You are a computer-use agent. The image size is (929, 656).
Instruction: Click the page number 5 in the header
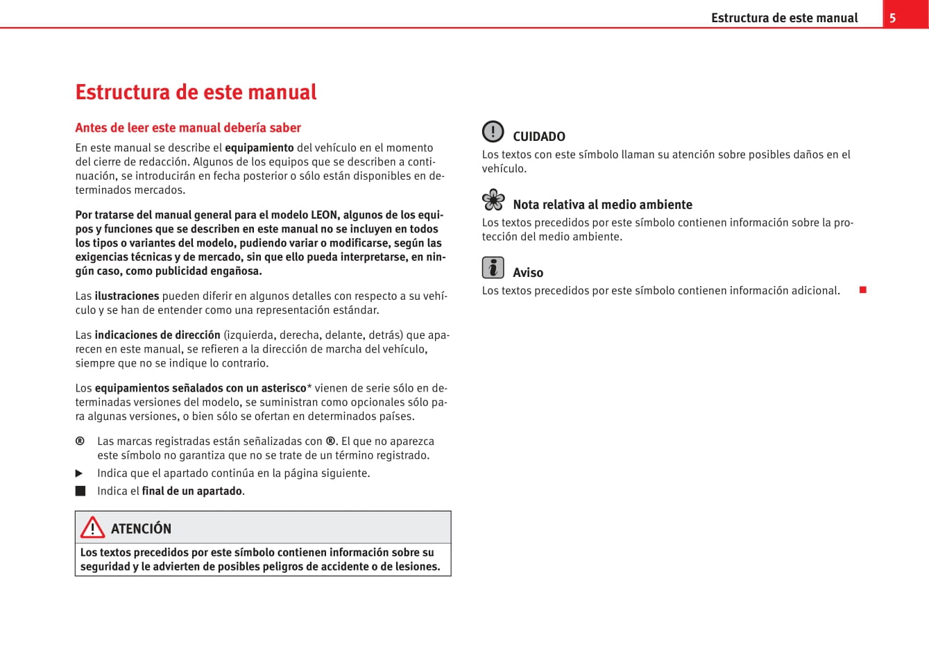coord(892,18)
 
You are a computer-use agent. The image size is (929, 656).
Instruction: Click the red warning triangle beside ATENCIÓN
coord(92,528)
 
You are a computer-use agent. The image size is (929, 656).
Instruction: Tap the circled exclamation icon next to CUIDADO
coord(493,131)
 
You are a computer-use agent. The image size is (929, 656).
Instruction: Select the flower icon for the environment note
coord(493,200)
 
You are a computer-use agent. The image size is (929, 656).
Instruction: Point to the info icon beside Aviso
coord(493,267)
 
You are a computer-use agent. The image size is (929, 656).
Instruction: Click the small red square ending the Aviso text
coord(862,289)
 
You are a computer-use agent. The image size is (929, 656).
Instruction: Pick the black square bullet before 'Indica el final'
coord(80,491)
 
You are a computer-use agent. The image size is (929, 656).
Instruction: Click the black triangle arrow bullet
coord(79,473)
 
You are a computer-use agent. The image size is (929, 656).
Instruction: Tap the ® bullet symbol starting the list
coord(80,441)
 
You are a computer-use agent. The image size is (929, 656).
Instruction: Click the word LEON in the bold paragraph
coord(325,215)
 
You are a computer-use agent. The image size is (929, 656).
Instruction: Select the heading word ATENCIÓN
coord(141,528)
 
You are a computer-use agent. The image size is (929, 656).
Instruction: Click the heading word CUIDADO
coord(538,137)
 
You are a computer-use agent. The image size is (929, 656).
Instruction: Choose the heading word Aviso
coord(527,273)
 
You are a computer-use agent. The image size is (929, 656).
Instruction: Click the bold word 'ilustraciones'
coord(127,296)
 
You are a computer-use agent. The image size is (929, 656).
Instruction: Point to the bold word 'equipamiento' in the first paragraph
coord(259,148)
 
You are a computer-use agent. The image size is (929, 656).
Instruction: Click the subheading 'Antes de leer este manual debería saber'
coord(188,128)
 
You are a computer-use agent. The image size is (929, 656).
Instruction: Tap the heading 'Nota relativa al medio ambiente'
coord(602,205)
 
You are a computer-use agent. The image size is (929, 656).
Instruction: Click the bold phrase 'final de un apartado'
coord(192,491)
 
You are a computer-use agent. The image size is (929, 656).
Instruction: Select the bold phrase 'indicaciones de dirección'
coord(157,335)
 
